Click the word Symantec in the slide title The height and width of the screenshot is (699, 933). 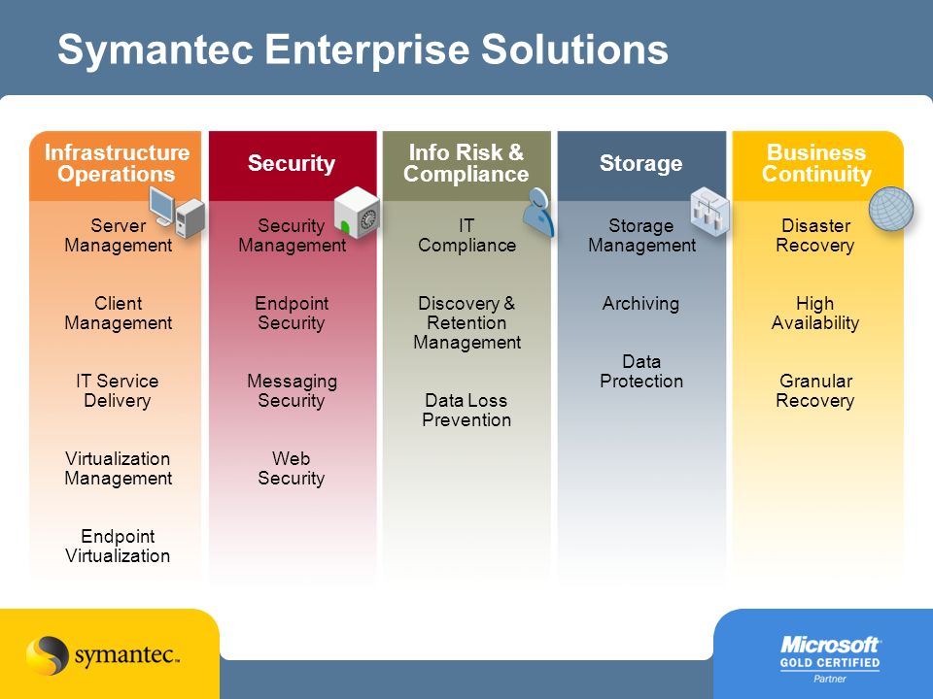click(155, 50)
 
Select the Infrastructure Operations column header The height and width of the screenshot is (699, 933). click(116, 165)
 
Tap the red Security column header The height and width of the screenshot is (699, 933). click(293, 165)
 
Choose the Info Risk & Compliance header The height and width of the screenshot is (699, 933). click(466, 165)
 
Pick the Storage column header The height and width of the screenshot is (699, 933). click(641, 165)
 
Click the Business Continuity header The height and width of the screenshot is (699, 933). click(817, 165)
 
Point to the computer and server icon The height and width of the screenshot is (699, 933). click(177, 213)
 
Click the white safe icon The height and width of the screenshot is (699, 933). click(357, 213)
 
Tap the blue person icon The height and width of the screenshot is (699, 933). click(538, 213)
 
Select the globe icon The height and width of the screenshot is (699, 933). click(891, 208)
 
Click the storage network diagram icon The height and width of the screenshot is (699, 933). click(709, 212)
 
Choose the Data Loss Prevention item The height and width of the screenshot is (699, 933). click(466, 410)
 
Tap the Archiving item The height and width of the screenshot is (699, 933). click(640, 304)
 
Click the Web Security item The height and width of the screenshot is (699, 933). click(291, 468)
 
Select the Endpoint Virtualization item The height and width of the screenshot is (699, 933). click(118, 547)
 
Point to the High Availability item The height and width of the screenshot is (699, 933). click(815, 314)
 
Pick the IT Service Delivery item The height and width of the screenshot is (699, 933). click(118, 390)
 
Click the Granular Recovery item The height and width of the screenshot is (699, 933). click(815, 390)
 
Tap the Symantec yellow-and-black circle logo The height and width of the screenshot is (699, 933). click(47, 655)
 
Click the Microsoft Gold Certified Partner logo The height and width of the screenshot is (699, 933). click(830, 658)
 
